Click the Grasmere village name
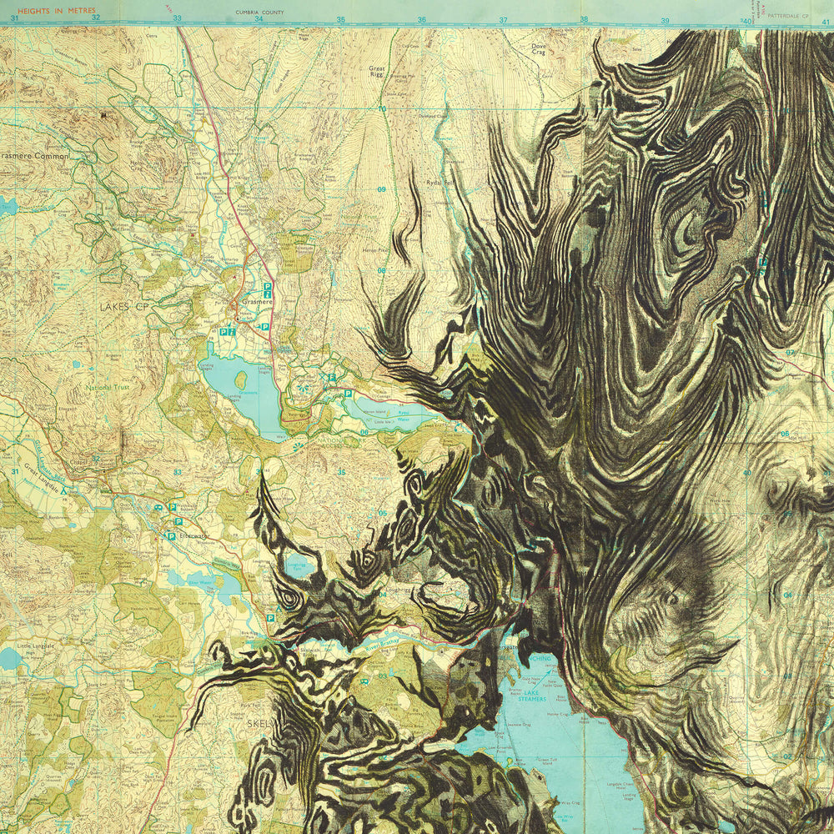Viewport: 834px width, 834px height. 254,302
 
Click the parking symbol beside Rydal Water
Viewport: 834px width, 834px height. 348,392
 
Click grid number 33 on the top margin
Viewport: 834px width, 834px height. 177,18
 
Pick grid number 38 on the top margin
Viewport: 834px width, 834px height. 583,19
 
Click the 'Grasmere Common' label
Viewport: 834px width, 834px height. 35,155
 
